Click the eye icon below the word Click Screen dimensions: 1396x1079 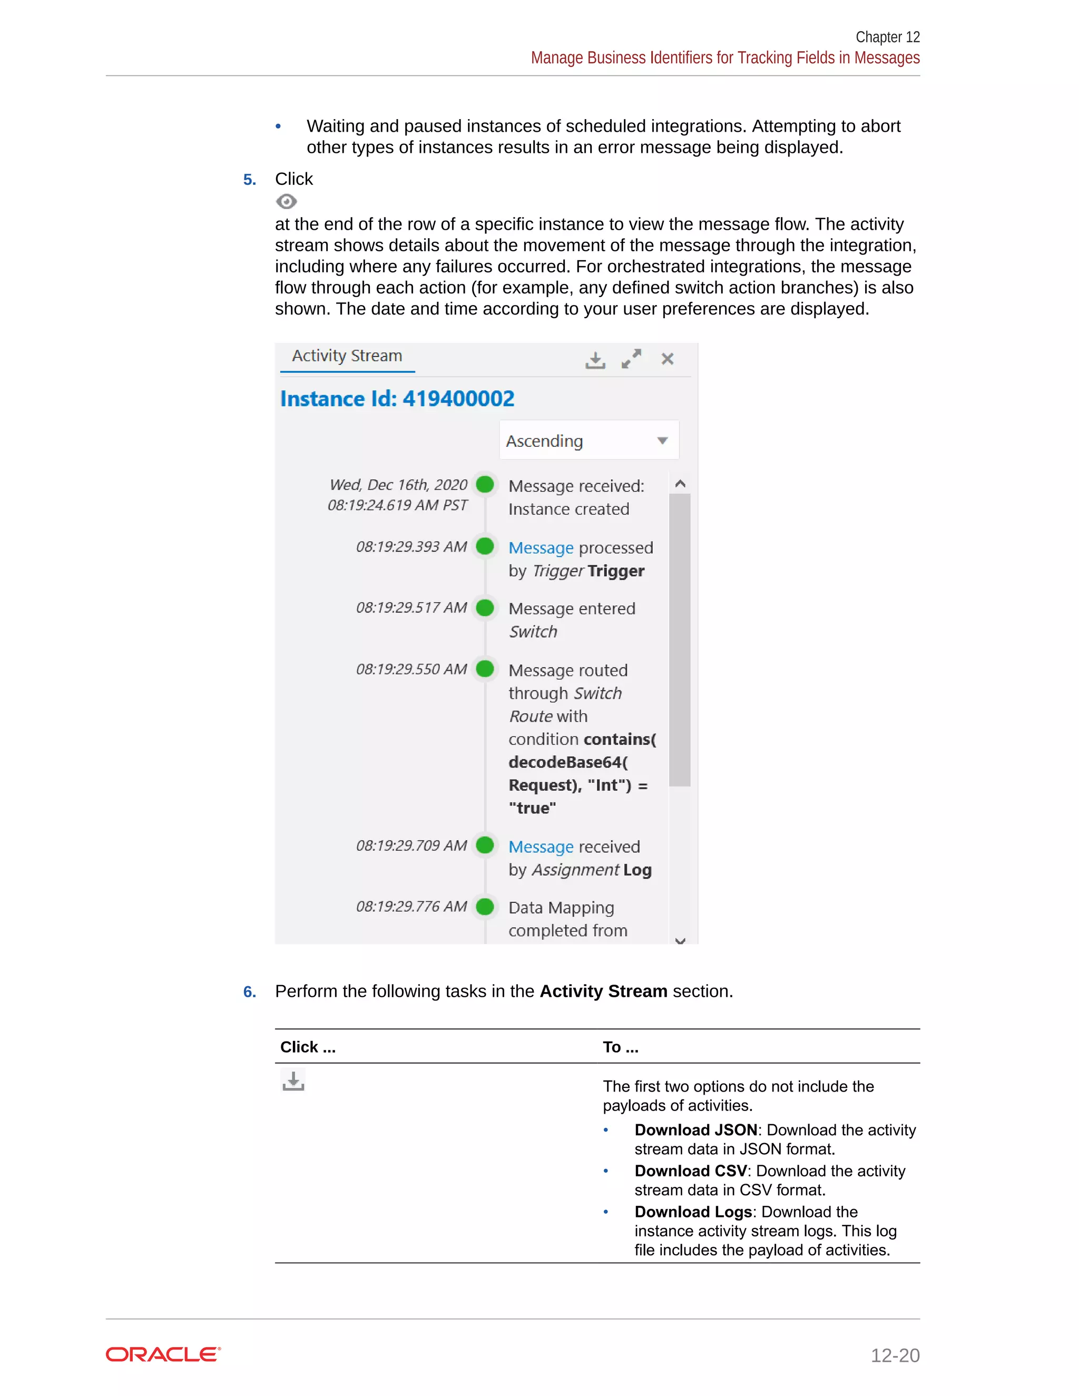tap(287, 202)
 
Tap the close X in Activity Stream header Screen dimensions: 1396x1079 tap(668, 359)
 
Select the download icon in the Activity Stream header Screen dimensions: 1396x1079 tap(595, 360)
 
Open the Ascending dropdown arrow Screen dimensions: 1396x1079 tap(662, 440)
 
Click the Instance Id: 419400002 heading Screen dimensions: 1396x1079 tap(397, 399)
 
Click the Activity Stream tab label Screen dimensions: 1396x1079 tap(347, 356)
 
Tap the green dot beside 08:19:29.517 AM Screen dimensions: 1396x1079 tap(485, 607)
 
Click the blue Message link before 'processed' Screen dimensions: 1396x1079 tap(541, 548)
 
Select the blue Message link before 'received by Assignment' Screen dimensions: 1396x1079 tap(541, 847)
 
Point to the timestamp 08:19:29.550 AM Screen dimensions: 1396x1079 tap(411, 669)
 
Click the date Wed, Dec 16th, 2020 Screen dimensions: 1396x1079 tap(398, 485)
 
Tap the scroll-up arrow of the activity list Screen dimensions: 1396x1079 tap(680, 484)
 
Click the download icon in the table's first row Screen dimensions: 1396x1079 tap(293, 1081)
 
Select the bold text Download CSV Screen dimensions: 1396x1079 tap(690, 1171)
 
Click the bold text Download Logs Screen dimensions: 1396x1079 tap(693, 1212)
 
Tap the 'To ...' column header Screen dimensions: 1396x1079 tap(620, 1047)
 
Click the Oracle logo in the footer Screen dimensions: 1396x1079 tap(163, 1354)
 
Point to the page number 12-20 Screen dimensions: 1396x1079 tap(895, 1355)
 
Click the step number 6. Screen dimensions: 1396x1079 tap(249, 992)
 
